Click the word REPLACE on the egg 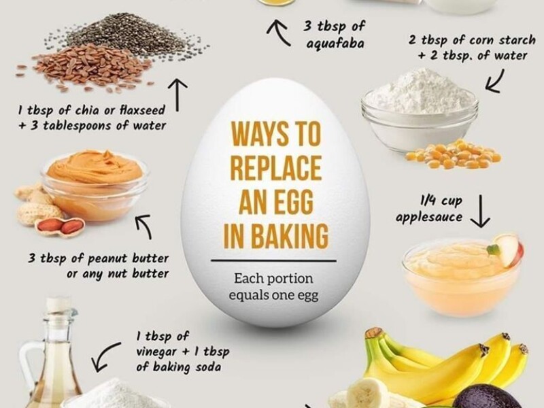(x=276, y=168)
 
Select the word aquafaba (x=335, y=44)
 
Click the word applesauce (x=429, y=217)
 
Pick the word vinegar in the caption (x=156, y=352)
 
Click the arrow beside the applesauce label (x=481, y=211)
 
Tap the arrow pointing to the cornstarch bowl (x=494, y=81)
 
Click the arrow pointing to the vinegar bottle (x=106, y=356)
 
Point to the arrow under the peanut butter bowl (x=145, y=226)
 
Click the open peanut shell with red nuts (x=61, y=226)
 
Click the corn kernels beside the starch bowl (x=454, y=154)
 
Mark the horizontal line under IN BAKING (x=274, y=260)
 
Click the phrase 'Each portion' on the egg (x=273, y=279)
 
